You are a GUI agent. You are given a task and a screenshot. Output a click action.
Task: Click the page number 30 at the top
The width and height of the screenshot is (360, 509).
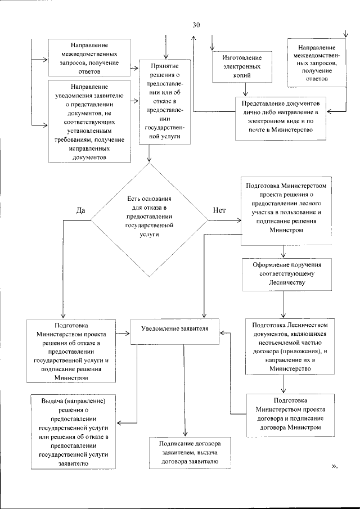pyautogui.click(x=196, y=25)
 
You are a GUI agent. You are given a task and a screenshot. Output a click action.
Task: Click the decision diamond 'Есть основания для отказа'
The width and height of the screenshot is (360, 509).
pyautogui.click(x=148, y=219)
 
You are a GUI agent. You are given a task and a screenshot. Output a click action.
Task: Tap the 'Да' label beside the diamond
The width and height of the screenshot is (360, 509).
pyautogui.click(x=80, y=209)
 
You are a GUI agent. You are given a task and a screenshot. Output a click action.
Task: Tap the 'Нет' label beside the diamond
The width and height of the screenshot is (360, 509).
pyautogui.click(x=219, y=209)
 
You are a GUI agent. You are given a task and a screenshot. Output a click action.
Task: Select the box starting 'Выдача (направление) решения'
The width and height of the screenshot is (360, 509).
pyautogui.click(x=75, y=431)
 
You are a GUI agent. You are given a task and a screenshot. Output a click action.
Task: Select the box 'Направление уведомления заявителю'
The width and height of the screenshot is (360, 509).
pyautogui.click(x=90, y=123)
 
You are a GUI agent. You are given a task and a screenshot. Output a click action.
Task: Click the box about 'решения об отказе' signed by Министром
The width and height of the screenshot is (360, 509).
pyautogui.click(x=71, y=351)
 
